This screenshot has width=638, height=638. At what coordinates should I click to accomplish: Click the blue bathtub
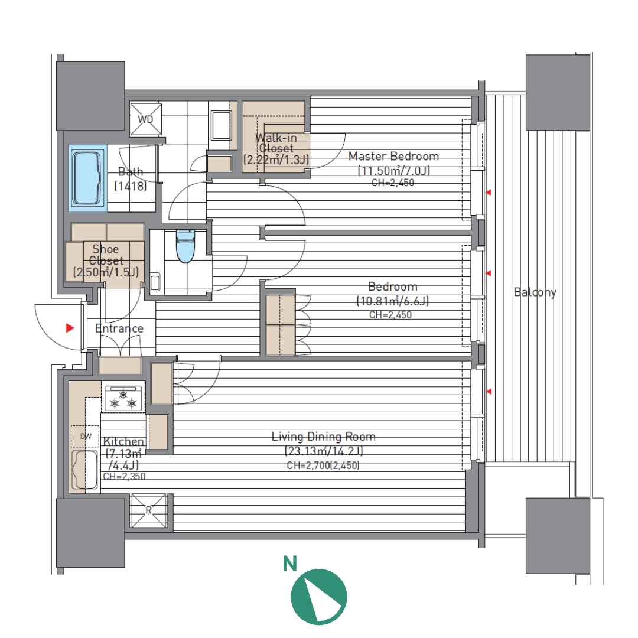tap(87, 178)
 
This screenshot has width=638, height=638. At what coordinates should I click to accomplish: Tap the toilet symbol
tap(186, 246)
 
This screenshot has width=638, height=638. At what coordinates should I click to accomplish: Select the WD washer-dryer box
tap(146, 119)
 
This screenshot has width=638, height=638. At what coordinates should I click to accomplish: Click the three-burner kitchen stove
tap(124, 398)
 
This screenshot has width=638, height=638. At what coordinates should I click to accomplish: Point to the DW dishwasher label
tap(86, 436)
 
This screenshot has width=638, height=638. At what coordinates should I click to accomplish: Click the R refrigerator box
tap(148, 510)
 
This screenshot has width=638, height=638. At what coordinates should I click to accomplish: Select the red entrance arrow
tap(70, 327)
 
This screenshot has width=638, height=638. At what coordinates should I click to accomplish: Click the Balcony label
tap(535, 292)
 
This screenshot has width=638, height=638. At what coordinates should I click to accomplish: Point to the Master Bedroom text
tap(393, 156)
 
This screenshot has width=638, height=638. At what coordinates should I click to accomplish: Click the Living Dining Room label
tap(324, 437)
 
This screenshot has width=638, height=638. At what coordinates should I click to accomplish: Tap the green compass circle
tap(318, 597)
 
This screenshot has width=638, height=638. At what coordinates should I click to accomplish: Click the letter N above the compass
tap(289, 564)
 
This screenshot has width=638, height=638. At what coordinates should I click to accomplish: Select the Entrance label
tap(119, 328)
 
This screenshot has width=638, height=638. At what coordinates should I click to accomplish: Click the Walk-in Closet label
tap(276, 143)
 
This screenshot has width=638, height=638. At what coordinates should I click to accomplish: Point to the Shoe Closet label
tap(106, 255)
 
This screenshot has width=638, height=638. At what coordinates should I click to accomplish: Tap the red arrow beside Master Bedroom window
tap(489, 192)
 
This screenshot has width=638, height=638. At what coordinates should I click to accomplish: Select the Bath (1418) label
tap(130, 178)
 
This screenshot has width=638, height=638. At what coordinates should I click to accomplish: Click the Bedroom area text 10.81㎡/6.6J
tap(393, 301)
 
